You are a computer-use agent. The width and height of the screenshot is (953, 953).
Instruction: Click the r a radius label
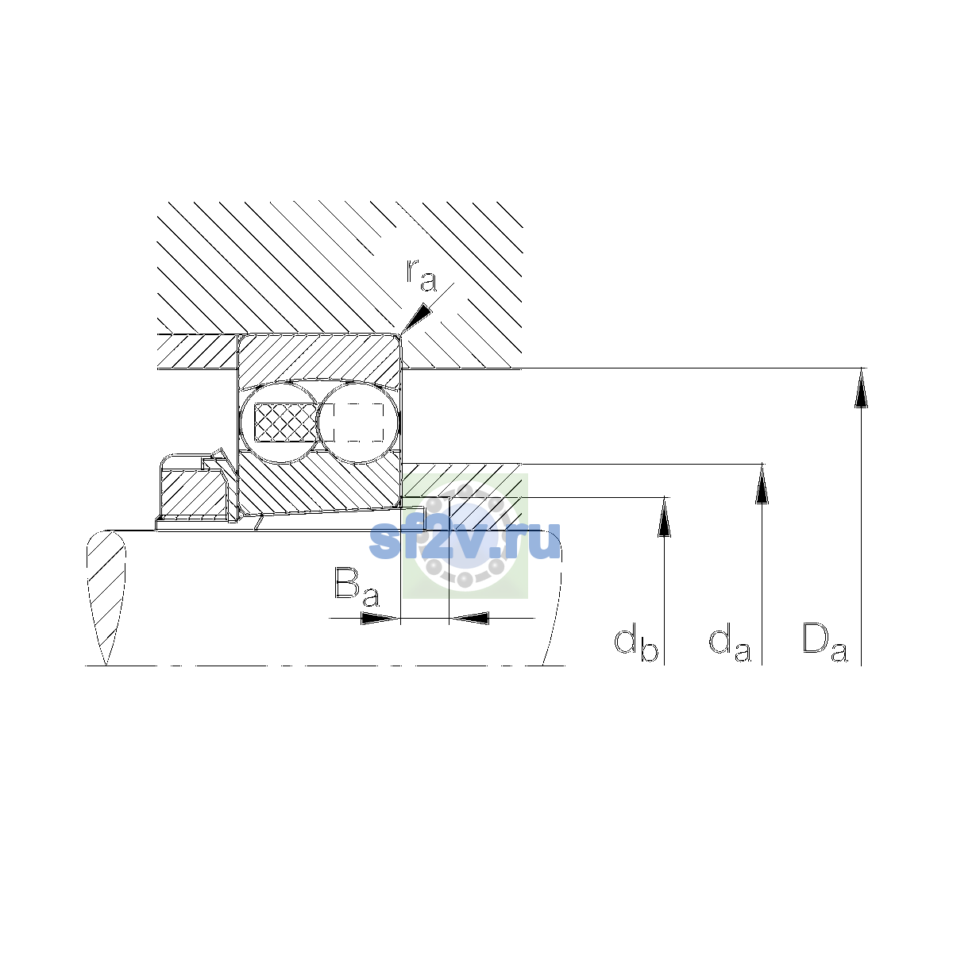pyautogui.click(x=422, y=276)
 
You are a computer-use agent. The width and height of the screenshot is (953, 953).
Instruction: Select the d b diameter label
pyautogui.click(x=636, y=645)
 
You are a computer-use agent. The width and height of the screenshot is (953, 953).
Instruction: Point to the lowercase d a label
pyautogui.click(x=730, y=645)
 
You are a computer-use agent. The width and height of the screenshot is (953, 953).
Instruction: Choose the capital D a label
pyautogui.click(x=824, y=642)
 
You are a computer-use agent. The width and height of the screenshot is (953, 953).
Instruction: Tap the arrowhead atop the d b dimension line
pyautogui.click(x=664, y=516)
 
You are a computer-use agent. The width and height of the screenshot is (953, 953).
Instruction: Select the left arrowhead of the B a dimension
pyautogui.click(x=380, y=618)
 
